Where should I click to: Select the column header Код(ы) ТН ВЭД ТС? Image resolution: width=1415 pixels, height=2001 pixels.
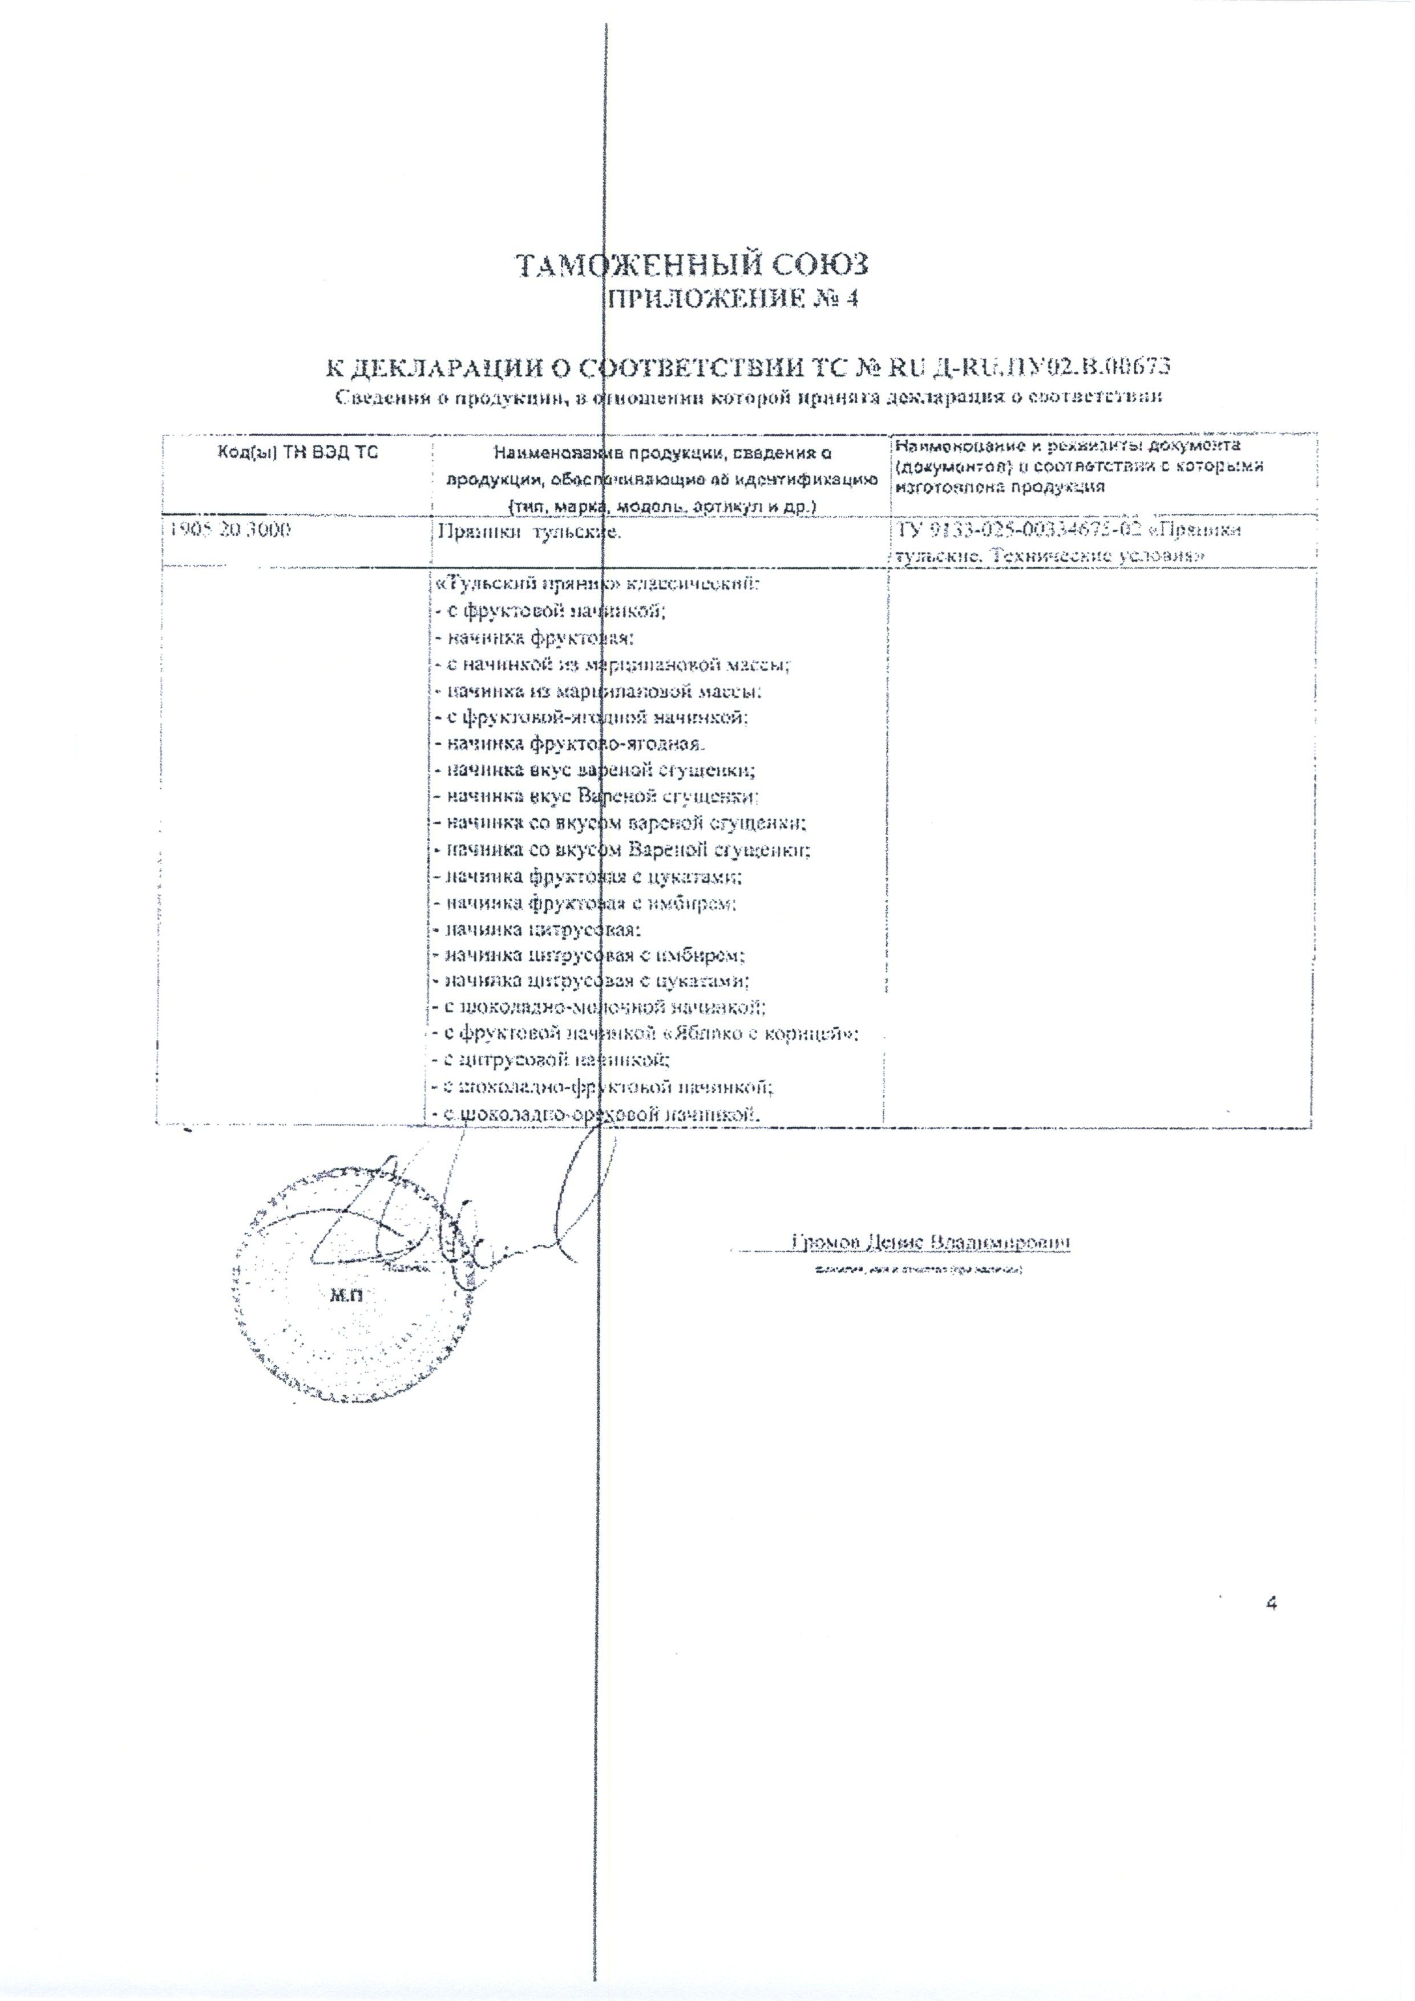click(x=297, y=452)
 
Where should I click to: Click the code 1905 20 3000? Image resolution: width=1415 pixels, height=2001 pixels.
click(x=228, y=529)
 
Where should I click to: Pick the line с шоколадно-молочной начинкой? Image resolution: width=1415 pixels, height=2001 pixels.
click(x=600, y=1008)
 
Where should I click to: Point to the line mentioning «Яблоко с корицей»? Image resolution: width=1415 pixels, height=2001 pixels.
click(x=645, y=1034)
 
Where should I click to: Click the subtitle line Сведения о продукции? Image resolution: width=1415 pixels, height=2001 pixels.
click(x=750, y=398)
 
